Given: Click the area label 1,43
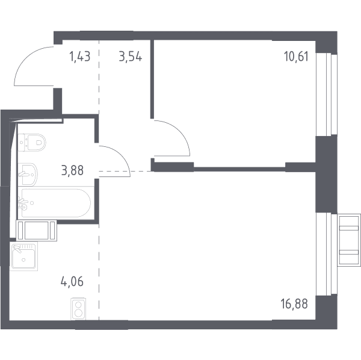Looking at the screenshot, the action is click(79, 57).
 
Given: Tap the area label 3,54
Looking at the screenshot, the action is click(131, 57).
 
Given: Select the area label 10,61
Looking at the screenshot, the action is click(296, 57).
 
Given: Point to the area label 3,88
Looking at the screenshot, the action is click(73, 170).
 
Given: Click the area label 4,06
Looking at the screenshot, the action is click(72, 282).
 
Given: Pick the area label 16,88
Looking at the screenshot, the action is click(294, 303).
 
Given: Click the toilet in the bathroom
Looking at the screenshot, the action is click(32, 143).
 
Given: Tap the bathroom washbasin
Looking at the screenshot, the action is click(28, 175).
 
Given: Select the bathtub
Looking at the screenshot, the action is click(56, 203).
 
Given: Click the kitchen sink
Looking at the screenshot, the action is click(23, 256).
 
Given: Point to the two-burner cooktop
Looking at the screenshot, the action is click(78, 309).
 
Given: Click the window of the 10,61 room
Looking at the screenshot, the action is click(327, 94).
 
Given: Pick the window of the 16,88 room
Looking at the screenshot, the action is click(327, 254).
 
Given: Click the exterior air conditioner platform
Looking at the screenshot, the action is click(349, 240).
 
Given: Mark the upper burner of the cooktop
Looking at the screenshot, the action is click(78, 305).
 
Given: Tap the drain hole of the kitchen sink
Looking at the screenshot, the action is click(23, 260).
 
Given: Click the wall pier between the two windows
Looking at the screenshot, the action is click(326, 174).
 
